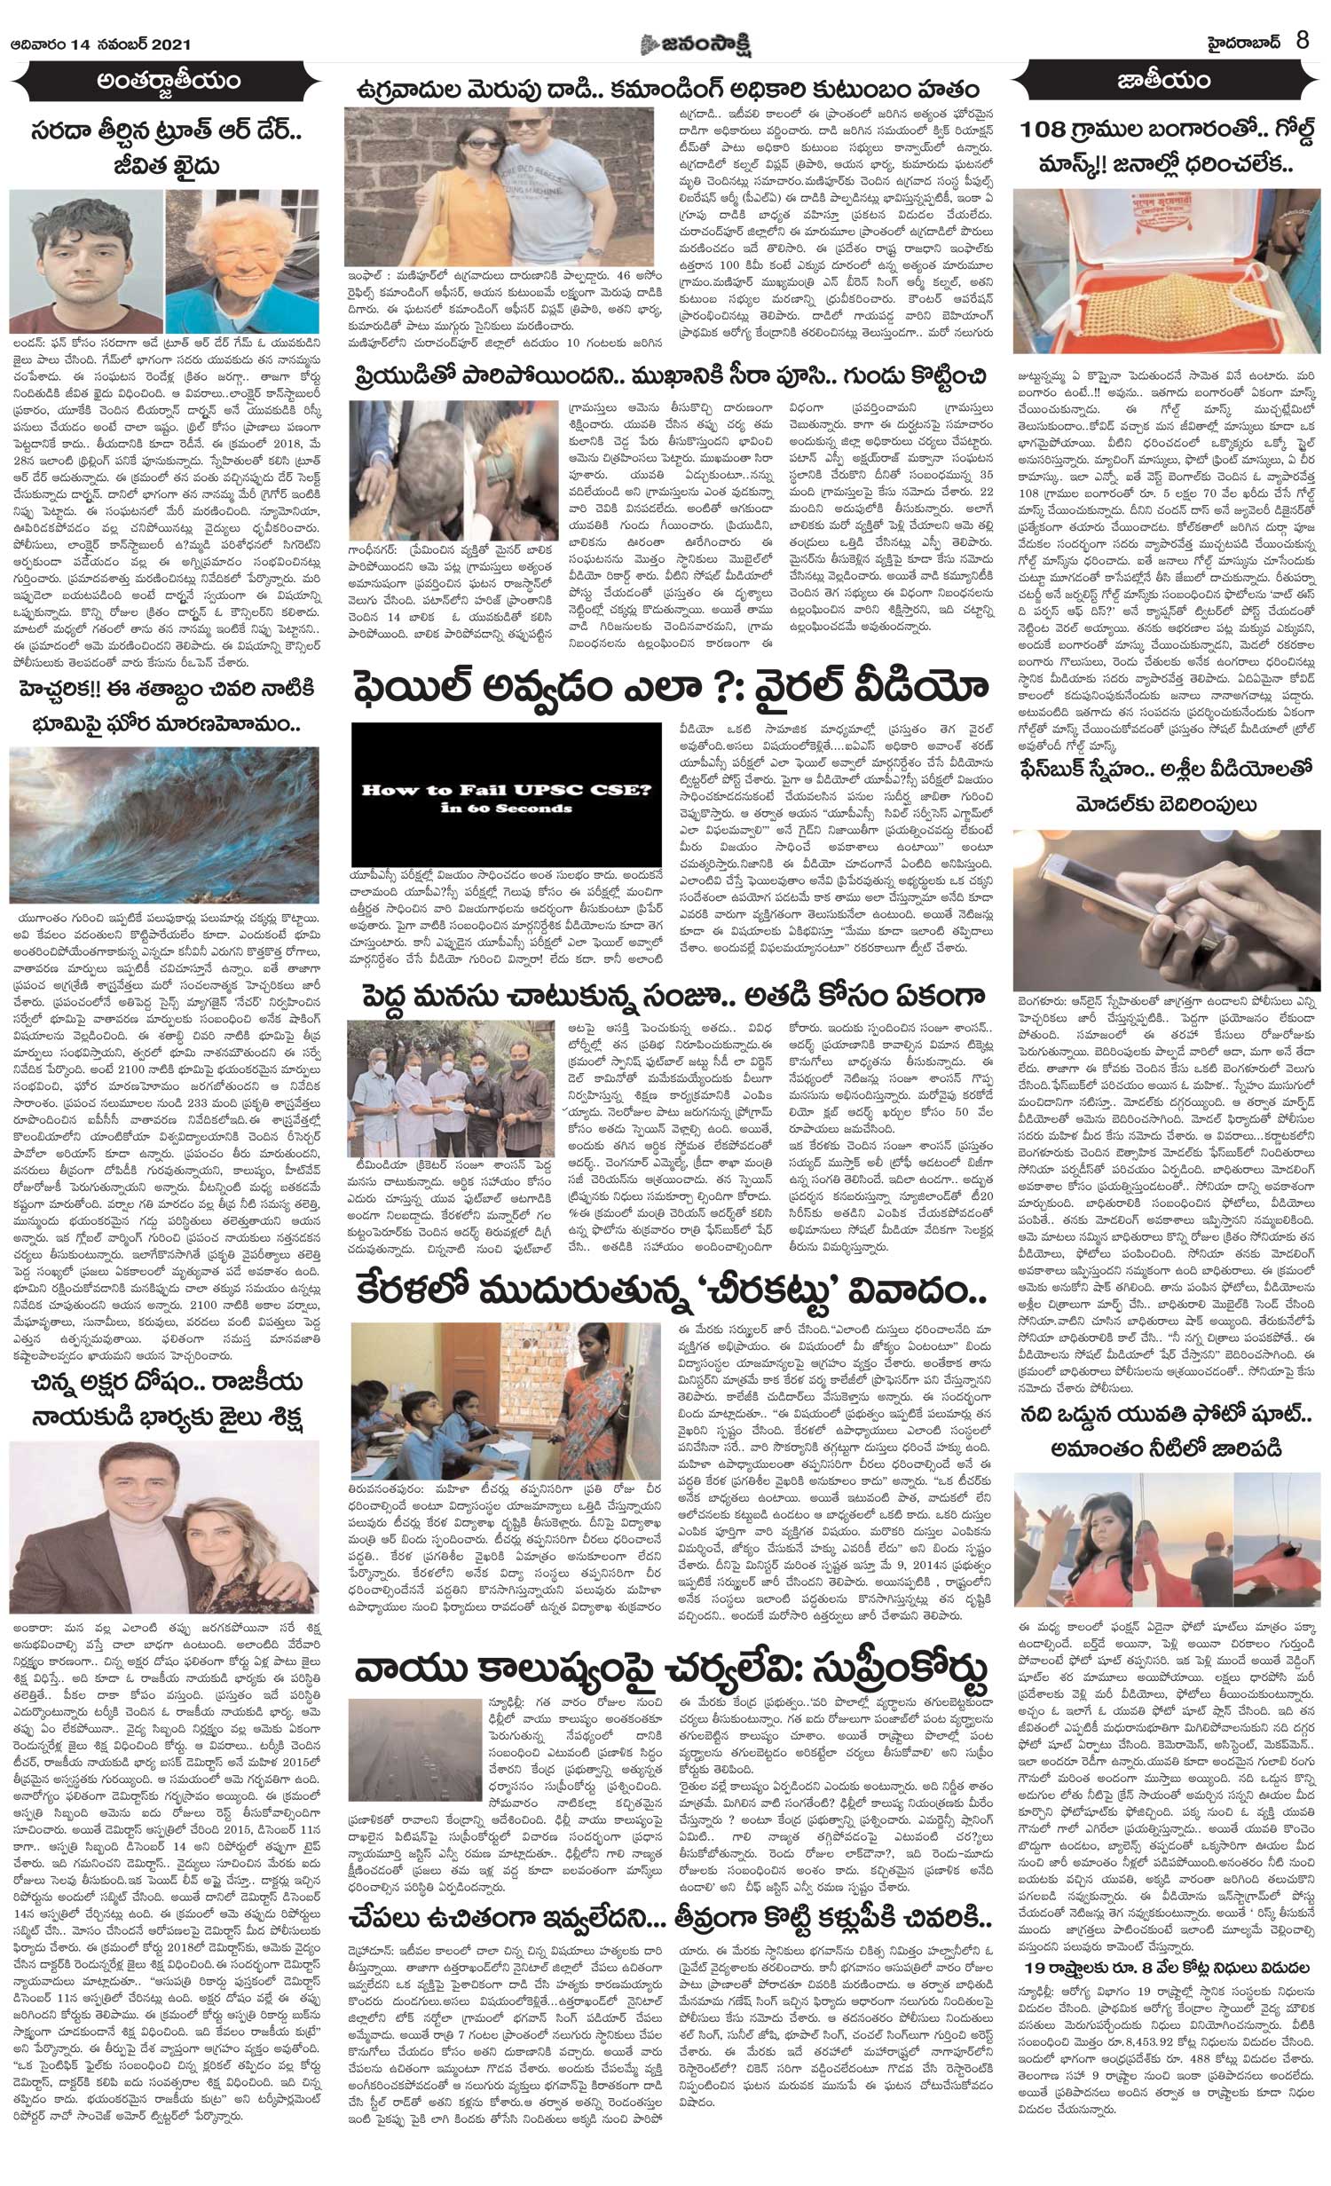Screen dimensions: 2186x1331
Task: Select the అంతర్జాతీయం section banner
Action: (169, 83)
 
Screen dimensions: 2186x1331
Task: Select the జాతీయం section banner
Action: (1163, 83)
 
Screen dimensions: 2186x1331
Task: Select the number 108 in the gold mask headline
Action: (1059, 129)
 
